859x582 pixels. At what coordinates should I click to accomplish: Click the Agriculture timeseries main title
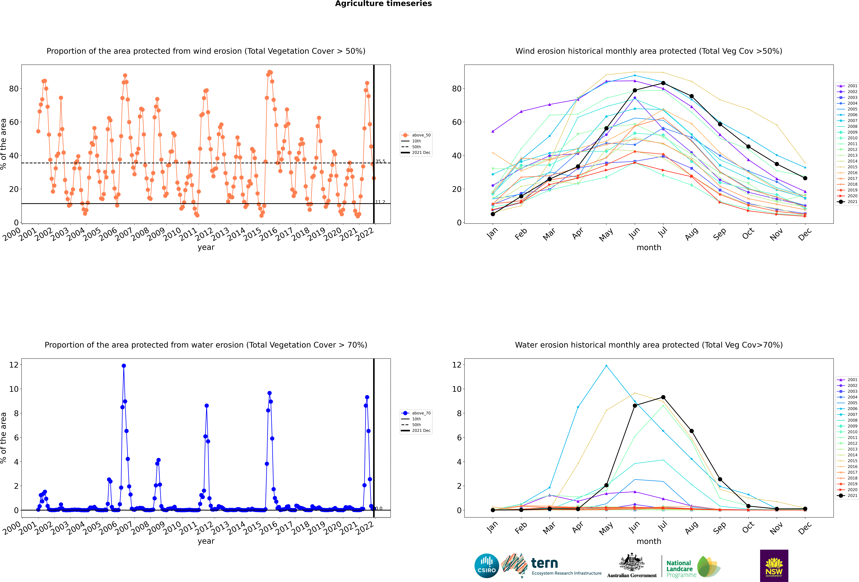click(383, 4)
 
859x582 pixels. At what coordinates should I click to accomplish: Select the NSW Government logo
click(774, 565)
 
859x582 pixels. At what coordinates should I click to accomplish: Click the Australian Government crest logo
click(632, 565)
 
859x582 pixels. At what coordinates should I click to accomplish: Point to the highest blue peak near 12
click(124, 366)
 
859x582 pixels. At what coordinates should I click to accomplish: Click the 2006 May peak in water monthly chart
click(606, 366)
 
